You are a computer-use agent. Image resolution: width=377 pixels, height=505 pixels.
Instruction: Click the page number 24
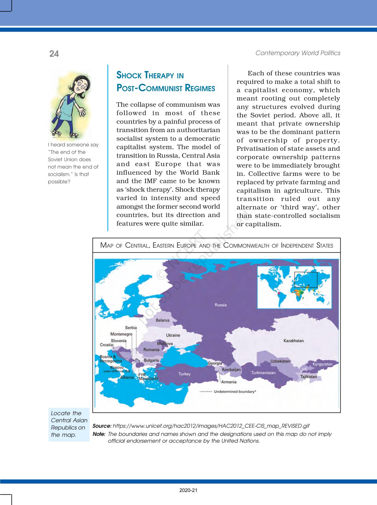[x=54, y=54]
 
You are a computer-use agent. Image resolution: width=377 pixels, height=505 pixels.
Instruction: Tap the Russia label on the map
[x=221, y=305]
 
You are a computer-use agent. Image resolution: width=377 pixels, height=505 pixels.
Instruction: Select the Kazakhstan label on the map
[x=293, y=341]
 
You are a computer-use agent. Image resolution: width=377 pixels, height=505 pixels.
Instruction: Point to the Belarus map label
[x=163, y=320]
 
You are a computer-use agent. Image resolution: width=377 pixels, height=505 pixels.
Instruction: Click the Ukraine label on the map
[x=173, y=335]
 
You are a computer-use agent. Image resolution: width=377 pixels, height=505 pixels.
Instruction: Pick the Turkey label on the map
[x=185, y=374]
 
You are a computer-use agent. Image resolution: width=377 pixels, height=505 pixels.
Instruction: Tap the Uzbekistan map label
[x=280, y=361]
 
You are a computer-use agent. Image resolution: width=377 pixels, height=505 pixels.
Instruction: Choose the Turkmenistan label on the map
[x=263, y=373]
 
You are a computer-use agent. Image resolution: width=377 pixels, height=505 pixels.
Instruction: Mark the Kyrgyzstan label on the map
[x=323, y=364]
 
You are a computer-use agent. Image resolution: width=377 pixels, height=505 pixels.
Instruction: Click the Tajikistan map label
[x=308, y=377]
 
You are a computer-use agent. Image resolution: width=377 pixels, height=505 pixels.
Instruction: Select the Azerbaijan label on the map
[x=231, y=370]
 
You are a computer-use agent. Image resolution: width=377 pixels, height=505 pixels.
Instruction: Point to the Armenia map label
[x=229, y=382]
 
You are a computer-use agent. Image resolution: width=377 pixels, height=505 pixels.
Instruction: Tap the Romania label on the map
[x=151, y=350]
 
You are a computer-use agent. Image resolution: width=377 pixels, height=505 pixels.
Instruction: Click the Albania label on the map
[x=127, y=377]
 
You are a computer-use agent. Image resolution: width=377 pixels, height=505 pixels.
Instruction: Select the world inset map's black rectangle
[x=306, y=280]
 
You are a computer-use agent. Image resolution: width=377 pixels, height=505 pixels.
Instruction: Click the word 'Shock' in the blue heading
[x=129, y=75]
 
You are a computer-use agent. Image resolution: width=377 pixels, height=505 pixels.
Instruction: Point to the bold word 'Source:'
[x=102, y=426]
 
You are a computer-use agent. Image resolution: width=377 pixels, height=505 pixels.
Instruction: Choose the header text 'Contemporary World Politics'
[x=298, y=53]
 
